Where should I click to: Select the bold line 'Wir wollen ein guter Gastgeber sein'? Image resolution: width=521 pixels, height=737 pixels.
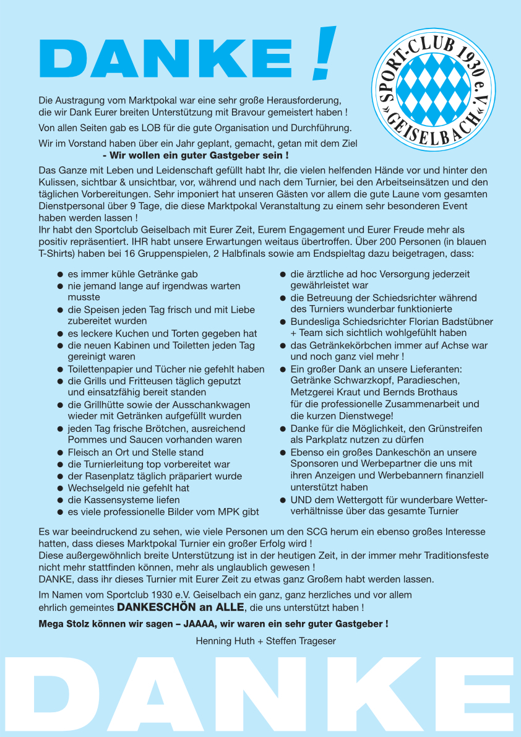(196, 155)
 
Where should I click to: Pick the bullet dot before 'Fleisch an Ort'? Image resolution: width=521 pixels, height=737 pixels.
(61, 453)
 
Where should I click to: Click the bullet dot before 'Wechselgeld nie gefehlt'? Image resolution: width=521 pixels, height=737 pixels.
(61, 488)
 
